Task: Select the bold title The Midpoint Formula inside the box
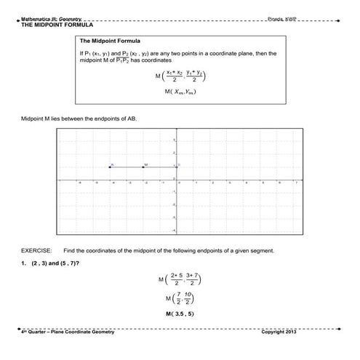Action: coord(110,41)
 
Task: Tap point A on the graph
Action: coord(110,167)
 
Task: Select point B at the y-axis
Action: coord(175,167)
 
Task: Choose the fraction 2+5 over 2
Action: coord(175,279)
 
